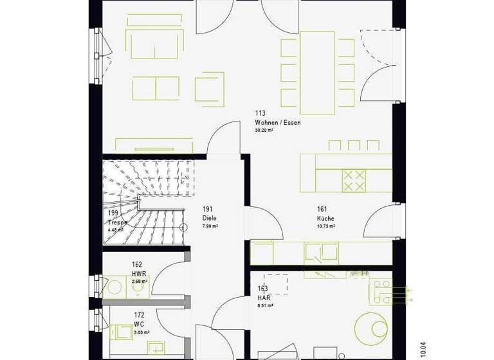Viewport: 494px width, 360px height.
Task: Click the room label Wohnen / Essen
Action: tap(277, 122)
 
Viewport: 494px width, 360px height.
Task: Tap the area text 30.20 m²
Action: tap(264, 130)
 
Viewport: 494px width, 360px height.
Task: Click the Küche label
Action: tap(325, 219)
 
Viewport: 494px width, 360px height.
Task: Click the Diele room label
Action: tap(209, 218)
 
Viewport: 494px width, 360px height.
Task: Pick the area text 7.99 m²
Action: tap(210, 226)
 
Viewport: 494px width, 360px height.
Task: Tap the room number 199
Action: tap(114, 213)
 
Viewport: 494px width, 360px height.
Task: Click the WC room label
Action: tap(139, 324)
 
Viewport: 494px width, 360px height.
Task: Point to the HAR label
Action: tap(263, 298)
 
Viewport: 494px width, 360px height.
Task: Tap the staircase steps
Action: tap(148, 183)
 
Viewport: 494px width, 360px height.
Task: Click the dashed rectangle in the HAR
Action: tap(276, 283)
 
